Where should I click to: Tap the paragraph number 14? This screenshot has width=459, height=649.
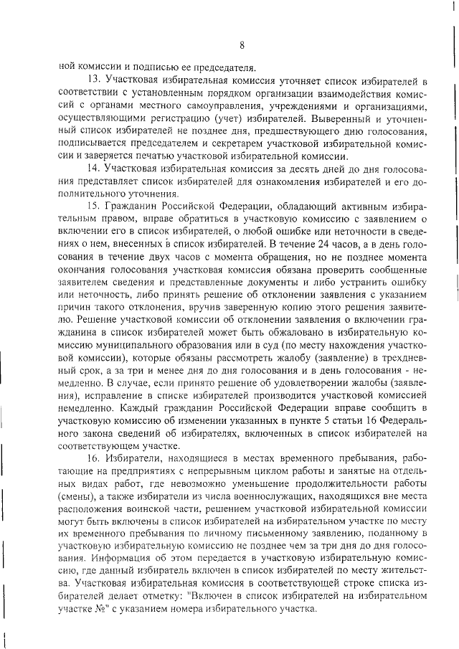point(93,169)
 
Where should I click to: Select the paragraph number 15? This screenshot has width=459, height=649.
point(93,207)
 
